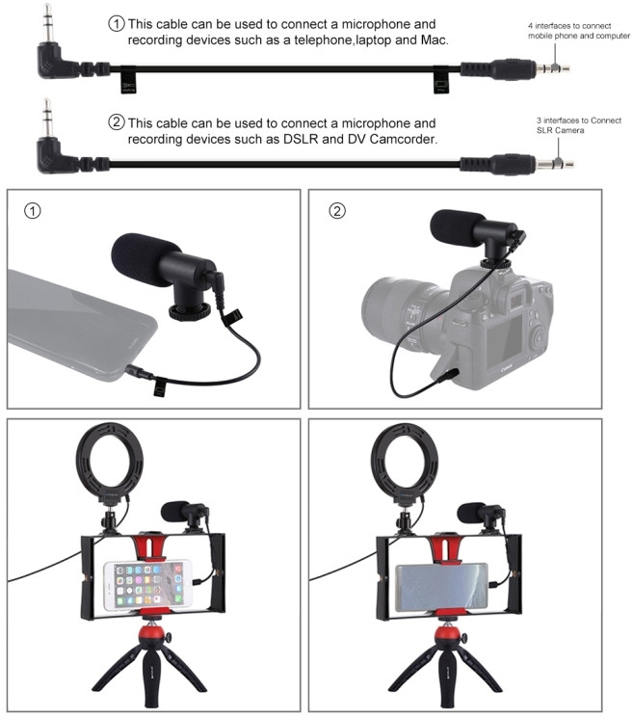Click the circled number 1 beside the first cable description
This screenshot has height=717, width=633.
coord(116,23)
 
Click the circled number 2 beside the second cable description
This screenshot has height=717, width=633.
coord(116,123)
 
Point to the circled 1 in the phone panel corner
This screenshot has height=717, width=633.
coord(33,210)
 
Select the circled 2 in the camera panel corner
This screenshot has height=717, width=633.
coord(337,210)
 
